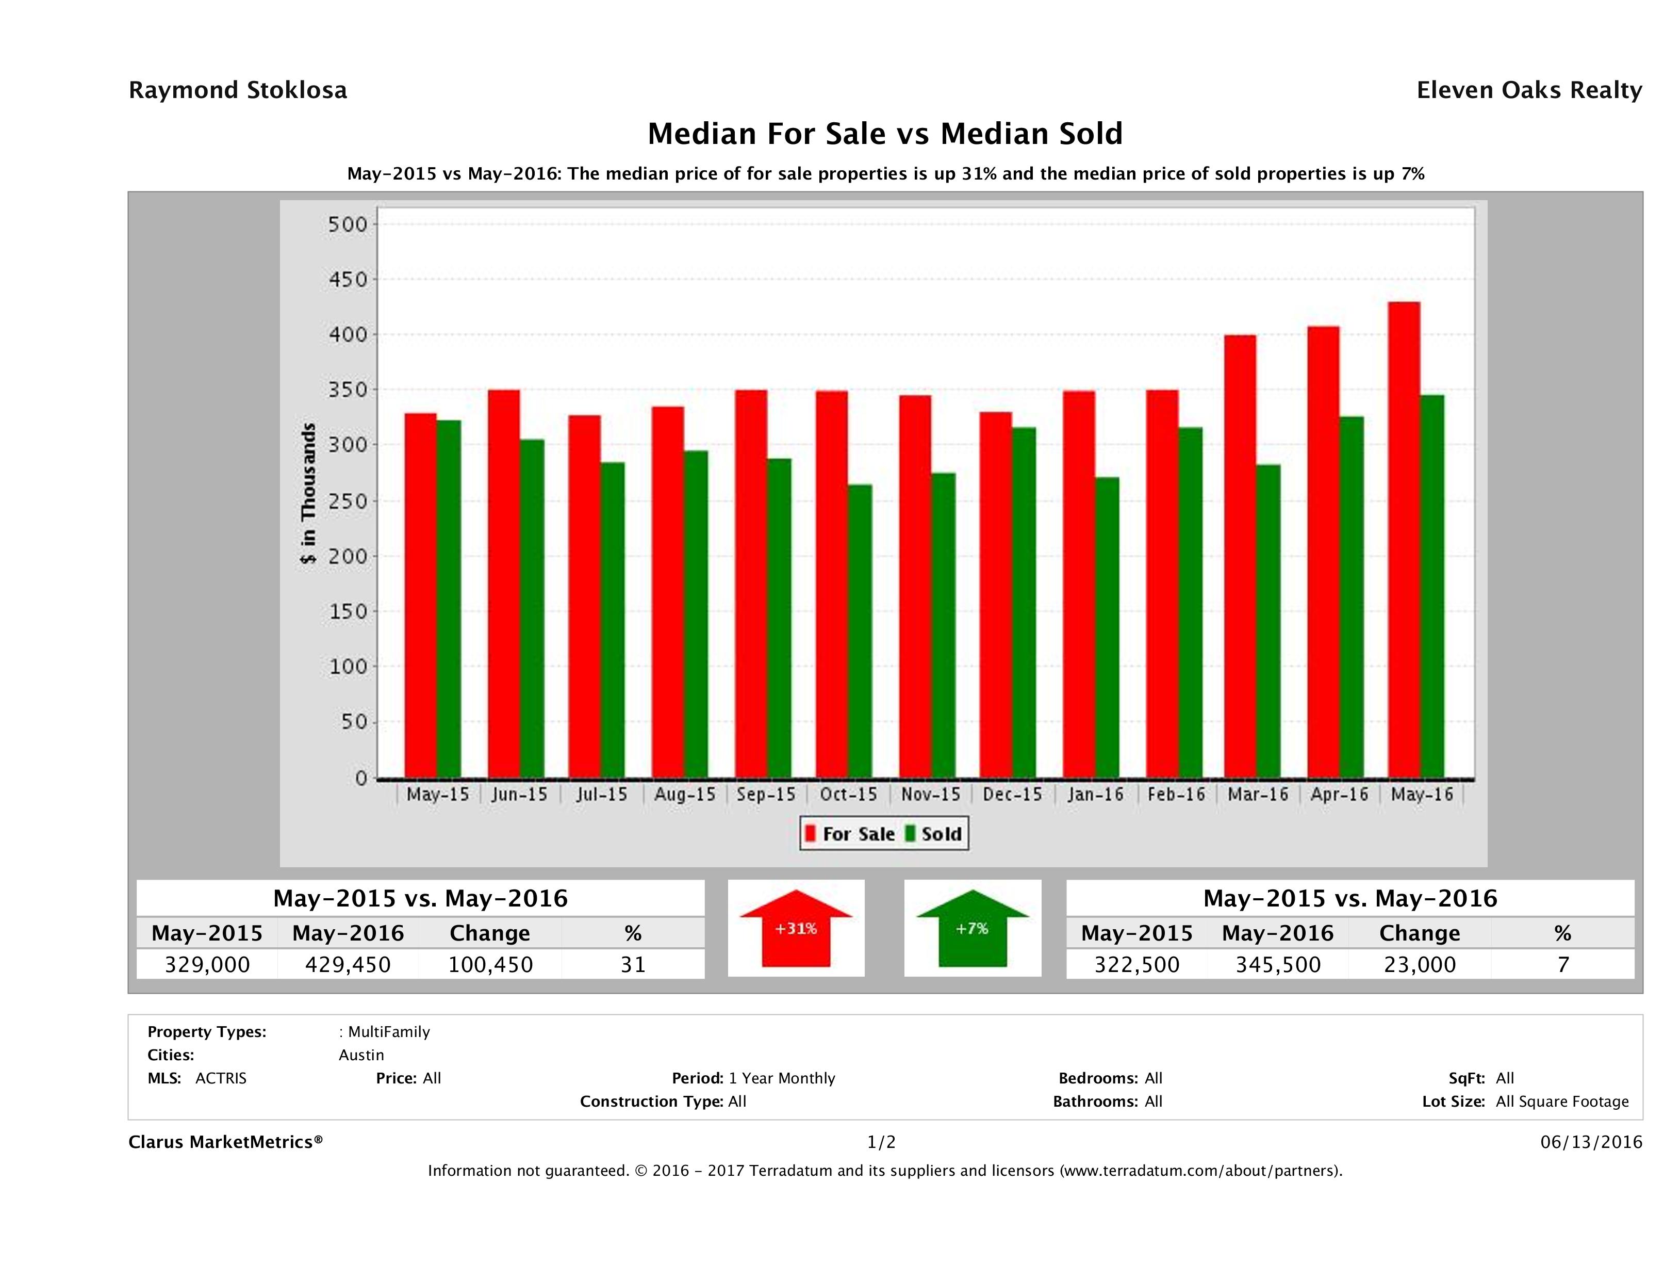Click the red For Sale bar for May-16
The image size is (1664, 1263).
point(1404,539)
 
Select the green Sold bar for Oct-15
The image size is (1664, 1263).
point(860,631)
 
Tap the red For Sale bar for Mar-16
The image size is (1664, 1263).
point(1240,556)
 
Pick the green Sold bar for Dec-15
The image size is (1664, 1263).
point(1024,602)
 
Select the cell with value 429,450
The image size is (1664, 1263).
point(348,965)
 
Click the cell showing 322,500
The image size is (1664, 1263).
point(1136,965)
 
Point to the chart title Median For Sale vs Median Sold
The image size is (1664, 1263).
point(885,134)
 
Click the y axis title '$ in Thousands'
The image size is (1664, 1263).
point(308,493)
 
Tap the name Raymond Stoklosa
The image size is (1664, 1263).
point(238,90)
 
